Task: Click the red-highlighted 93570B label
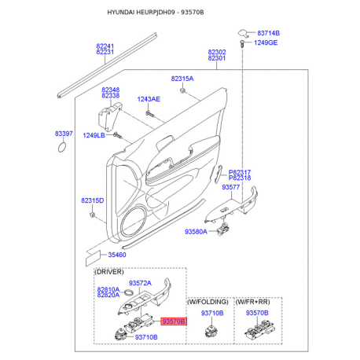click(x=174, y=321)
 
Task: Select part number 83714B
click(x=268, y=33)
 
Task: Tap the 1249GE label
click(x=266, y=42)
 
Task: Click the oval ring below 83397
click(x=62, y=147)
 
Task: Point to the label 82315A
click(x=182, y=79)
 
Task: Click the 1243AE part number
click(x=149, y=99)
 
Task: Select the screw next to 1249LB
click(x=117, y=136)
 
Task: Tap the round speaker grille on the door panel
click(x=134, y=220)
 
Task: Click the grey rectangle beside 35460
click(x=94, y=257)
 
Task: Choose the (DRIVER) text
click(x=108, y=272)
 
